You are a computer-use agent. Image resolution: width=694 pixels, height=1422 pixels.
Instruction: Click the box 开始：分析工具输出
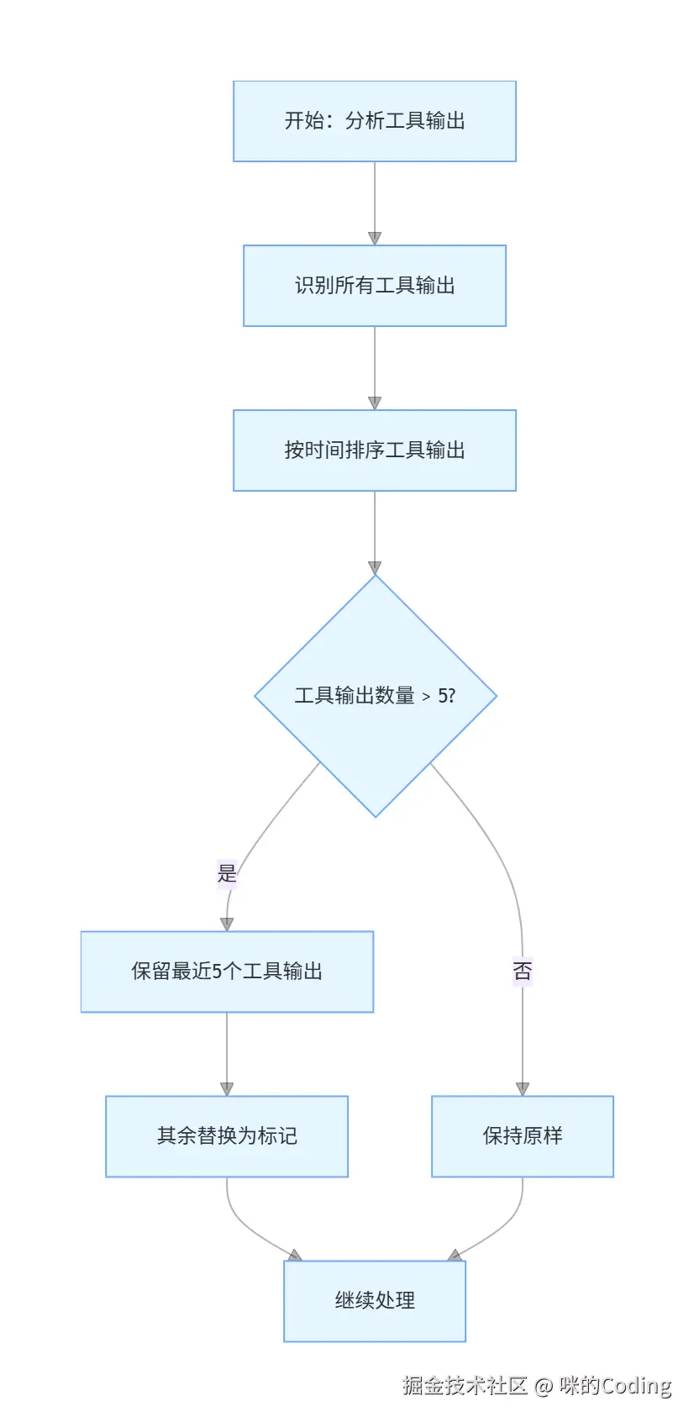pos(374,121)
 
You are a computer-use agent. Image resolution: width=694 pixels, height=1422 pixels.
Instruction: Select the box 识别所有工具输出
pos(374,286)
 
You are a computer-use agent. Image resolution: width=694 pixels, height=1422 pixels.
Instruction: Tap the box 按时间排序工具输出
pos(374,450)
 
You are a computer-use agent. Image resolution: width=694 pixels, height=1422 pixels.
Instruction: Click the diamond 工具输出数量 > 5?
pos(375,696)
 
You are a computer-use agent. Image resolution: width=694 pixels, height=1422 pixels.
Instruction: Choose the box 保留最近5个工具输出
pos(227,972)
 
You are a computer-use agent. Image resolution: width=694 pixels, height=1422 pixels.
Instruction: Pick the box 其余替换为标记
pos(227,1136)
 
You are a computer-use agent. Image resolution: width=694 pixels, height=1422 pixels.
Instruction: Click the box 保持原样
pos(522,1136)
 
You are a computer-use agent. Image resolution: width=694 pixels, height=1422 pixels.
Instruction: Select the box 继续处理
pos(374,1301)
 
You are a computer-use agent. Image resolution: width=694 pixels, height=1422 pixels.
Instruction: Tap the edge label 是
pos(227,873)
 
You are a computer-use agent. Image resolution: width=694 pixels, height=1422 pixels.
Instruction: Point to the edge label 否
pos(522,972)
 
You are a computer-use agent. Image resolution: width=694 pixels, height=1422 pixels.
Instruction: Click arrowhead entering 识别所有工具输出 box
pos(375,239)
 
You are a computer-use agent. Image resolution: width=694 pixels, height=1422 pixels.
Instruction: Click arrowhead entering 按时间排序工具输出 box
pos(375,403)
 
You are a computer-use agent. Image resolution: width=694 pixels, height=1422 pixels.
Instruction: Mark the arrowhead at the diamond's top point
pos(375,568)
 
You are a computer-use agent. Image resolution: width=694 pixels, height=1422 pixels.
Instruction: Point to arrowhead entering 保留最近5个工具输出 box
pos(227,924)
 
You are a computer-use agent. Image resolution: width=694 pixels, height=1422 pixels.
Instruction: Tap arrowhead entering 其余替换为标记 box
pos(227,1089)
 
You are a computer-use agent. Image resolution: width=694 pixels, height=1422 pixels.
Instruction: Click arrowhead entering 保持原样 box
pos(522,1089)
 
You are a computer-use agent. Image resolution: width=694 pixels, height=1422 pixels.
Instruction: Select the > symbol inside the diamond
pos(426,697)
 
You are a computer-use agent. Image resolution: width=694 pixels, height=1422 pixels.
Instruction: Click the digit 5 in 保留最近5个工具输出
pos(217,972)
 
